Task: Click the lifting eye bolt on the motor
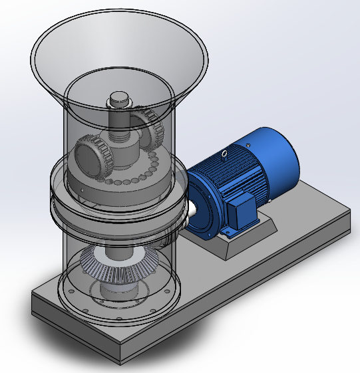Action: coord(225,154)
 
